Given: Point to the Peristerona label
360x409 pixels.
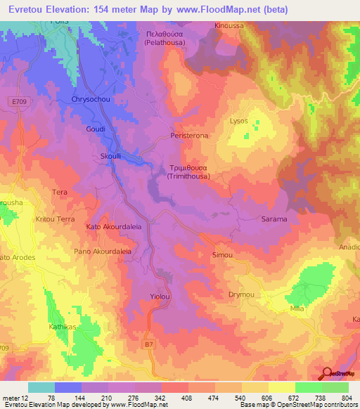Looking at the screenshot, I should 190,135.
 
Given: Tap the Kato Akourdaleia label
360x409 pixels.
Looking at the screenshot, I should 114,227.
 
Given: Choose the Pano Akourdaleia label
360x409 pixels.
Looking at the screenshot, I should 103,250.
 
